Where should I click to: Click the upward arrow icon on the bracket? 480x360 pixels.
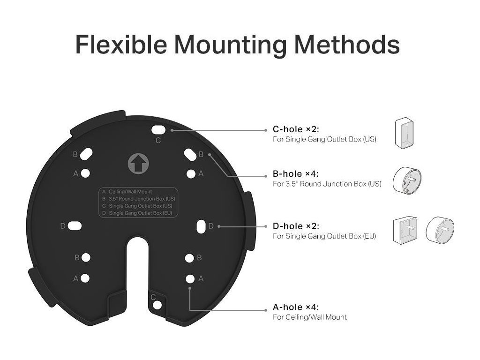pos(137,164)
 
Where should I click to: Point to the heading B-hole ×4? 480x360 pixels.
pos(296,174)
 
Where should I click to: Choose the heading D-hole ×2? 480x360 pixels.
pos(296,226)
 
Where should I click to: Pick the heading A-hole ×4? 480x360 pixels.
pos(296,307)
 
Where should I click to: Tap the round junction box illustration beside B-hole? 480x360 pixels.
pos(406,181)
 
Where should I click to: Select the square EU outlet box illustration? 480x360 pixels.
pos(405,231)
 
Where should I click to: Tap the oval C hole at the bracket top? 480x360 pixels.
pos(158,129)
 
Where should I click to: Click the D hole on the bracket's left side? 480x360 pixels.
pos(75,226)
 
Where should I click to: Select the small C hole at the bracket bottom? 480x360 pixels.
pos(157,305)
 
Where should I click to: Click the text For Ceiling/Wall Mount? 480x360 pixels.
pos(310,317)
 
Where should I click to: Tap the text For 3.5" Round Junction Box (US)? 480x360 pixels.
pos(327,184)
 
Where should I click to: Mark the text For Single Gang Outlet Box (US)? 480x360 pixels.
pos(324,140)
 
